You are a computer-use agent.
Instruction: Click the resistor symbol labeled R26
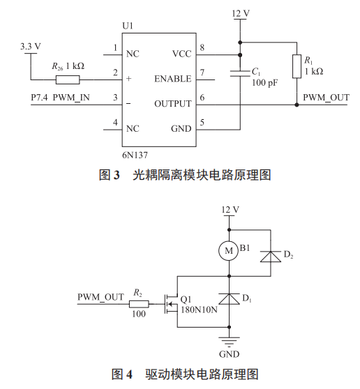68,79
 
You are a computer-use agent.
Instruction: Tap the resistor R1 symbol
297,67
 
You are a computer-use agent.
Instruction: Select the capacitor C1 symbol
240,73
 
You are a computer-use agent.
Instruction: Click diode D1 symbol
228,299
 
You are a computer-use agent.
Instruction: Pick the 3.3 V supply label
31,46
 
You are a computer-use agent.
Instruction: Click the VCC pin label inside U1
181,54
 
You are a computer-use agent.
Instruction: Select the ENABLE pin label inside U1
172,79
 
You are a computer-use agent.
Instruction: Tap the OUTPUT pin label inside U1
172,104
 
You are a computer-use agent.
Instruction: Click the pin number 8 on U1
202,47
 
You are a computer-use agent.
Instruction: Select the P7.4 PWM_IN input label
60,97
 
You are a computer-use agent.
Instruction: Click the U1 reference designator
127,26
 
